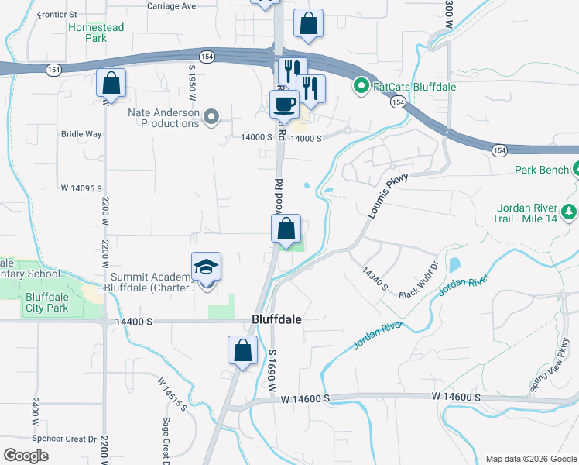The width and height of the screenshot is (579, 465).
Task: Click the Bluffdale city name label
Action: point(276,319)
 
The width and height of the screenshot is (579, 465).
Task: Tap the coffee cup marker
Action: point(283,104)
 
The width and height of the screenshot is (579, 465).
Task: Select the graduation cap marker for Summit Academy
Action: point(207,267)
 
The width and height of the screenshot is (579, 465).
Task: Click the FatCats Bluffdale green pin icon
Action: point(360,86)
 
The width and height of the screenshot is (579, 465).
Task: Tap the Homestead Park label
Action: point(95,32)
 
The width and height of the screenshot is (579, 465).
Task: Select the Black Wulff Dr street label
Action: point(419,291)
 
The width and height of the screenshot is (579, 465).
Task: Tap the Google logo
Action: point(26,456)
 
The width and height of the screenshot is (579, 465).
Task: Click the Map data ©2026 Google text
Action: point(531,459)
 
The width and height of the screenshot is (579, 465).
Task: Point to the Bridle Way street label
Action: point(81,134)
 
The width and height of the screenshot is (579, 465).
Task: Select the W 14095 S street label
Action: point(81,188)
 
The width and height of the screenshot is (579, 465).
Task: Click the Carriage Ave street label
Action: point(172,5)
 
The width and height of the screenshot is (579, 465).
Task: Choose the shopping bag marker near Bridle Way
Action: point(111,83)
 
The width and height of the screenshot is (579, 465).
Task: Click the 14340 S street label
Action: point(375,275)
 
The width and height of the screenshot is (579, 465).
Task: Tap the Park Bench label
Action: point(542,170)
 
